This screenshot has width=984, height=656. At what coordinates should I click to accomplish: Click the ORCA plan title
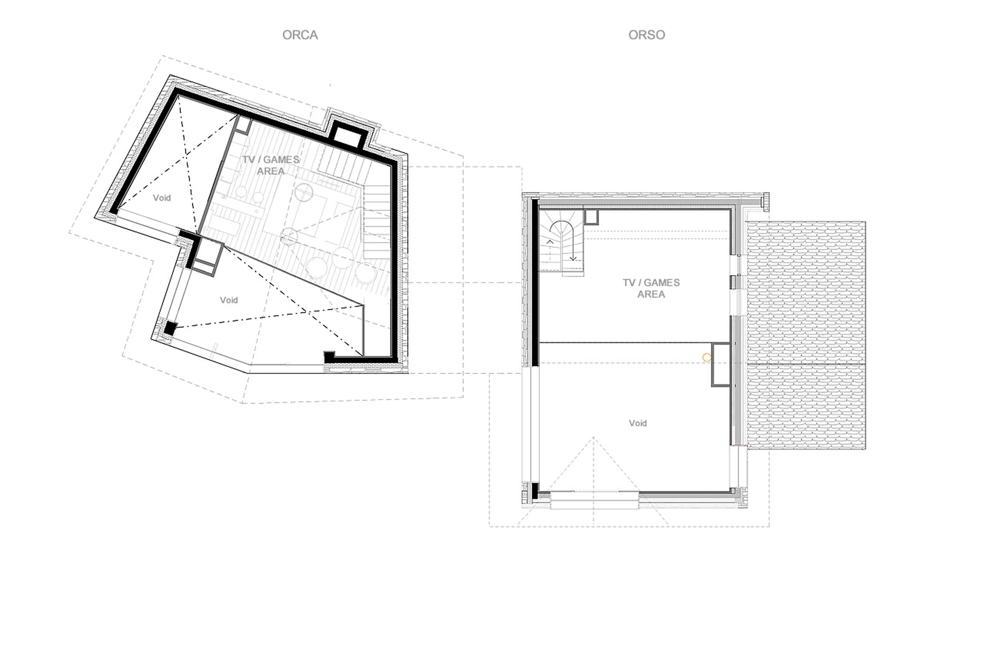pos(300,35)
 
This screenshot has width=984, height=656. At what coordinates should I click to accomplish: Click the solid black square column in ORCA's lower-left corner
pos(170,328)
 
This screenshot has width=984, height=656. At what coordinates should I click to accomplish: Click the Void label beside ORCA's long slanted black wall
pos(162,198)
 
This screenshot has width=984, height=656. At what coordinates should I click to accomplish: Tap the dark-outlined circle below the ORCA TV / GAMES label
pos(304,193)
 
